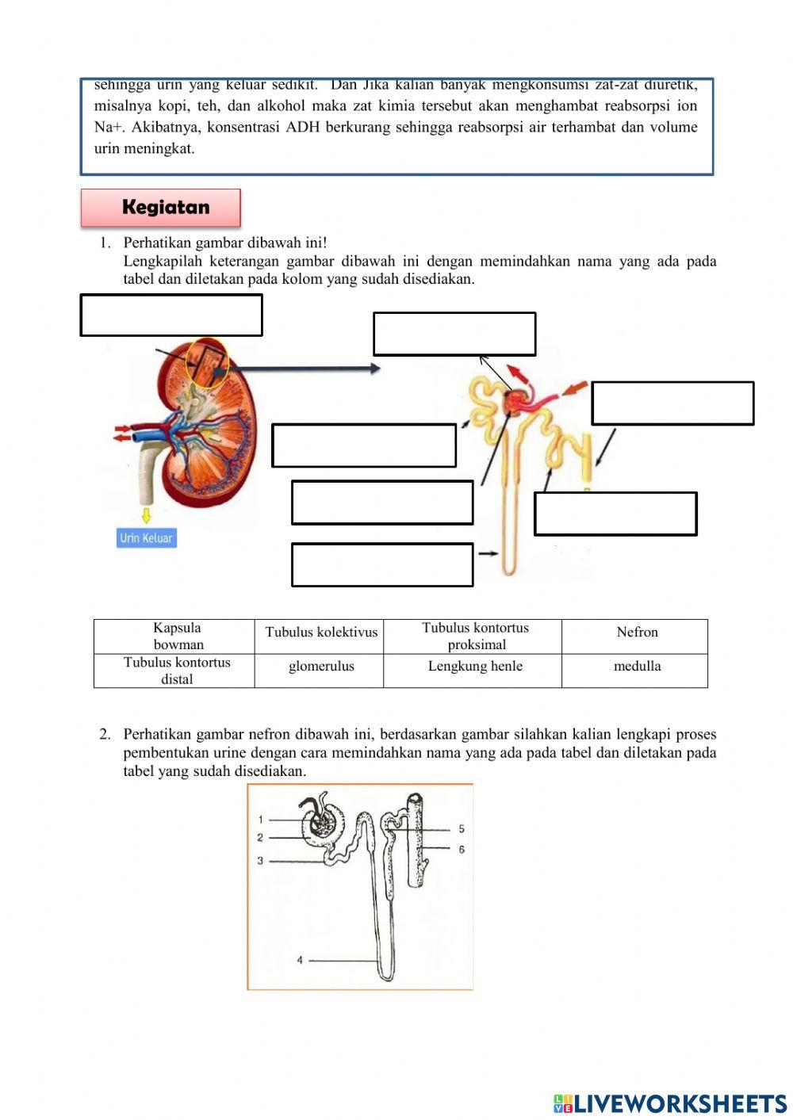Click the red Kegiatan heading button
tap(161, 208)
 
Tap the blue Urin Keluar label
tap(146, 538)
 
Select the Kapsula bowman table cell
tap(178, 636)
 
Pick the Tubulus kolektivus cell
tap(321, 633)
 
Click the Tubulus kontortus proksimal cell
tap(475, 636)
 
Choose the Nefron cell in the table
tap(637, 633)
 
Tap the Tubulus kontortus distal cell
tap(177, 671)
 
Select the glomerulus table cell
tap(321, 667)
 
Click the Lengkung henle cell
tap(475, 667)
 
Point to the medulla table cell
tap(637, 667)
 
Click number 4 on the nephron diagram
tap(300, 961)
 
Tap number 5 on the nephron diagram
tap(462, 829)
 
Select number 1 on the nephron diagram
tap(260, 820)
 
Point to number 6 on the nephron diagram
tap(462, 850)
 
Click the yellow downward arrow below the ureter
tap(146, 515)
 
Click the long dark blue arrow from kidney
tap(301, 369)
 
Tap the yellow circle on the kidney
tap(207, 363)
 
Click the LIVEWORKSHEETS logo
tap(670, 1103)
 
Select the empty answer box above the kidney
tap(171, 315)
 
